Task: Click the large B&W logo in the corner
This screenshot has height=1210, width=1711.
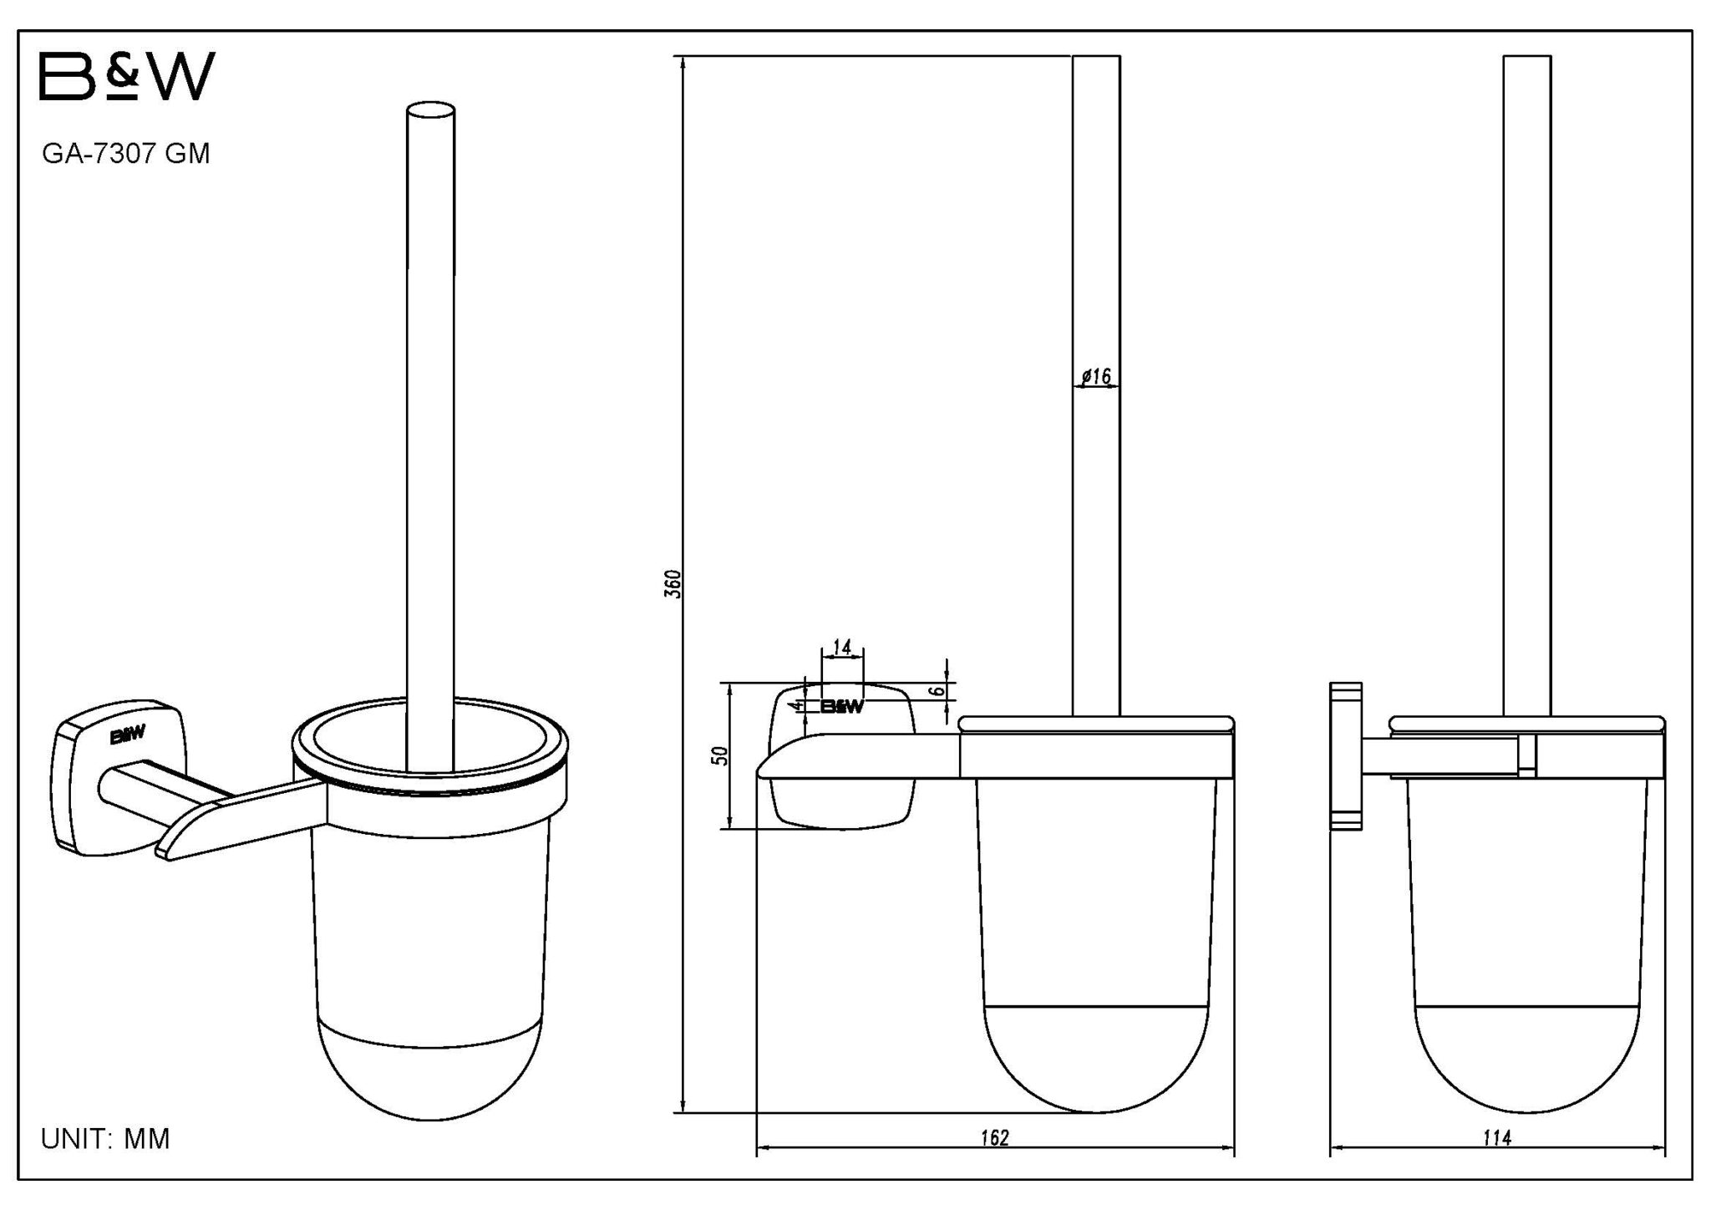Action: click(x=128, y=76)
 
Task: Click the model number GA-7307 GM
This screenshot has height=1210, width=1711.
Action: click(x=126, y=154)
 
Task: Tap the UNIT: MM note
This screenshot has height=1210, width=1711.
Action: click(x=105, y=1138)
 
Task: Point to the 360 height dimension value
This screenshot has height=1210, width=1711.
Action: click(x=676, y=583)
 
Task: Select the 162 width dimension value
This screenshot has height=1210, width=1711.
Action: click(x=995, y=1137)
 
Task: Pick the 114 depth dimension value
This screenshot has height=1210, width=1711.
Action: click(x=1496, y=1137)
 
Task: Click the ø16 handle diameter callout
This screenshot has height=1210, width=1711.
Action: click(x=1096, y=377)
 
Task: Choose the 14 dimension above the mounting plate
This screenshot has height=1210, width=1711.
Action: click(x=842, y=647)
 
